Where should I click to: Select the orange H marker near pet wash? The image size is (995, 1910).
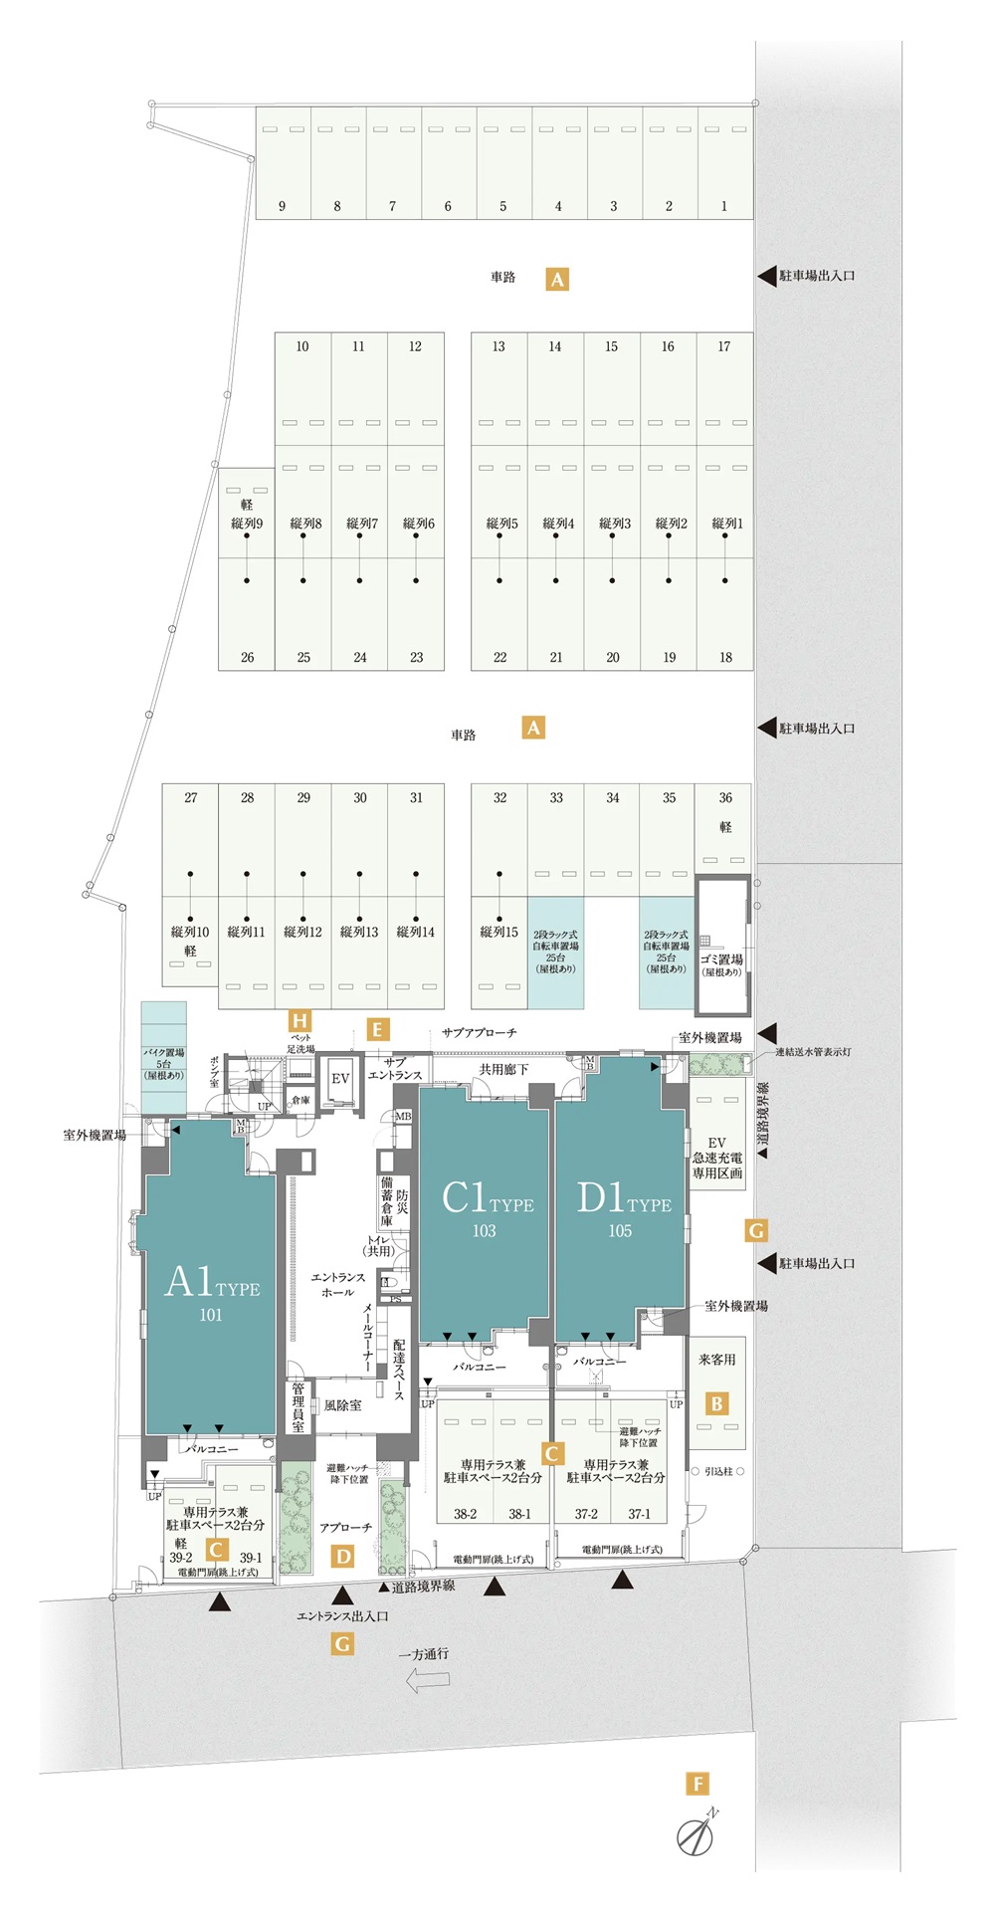coord(299,1020)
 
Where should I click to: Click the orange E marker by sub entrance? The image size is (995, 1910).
coord(377,1029)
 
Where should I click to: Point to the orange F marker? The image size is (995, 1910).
coord(697,1784)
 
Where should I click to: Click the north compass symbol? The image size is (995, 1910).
coord(696,1836)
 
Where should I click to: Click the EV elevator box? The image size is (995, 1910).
coord(340,1079)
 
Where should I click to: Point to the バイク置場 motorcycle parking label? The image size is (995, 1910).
coord(163,1063)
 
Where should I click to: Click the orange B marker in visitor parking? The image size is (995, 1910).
coord(716,1403)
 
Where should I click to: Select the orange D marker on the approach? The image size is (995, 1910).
coord(343,1557)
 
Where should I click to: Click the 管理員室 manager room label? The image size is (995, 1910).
coord(298,1406)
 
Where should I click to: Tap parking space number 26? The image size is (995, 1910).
coord(247,657)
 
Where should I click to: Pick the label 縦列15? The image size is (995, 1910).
coord(498,932)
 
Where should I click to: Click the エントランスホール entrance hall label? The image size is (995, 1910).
coord(338,1284)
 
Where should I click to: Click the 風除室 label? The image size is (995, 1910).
coord(342,1405)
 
